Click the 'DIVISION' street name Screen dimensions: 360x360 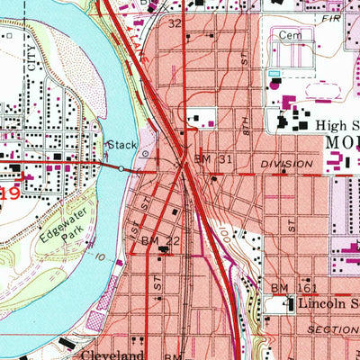pos(286,165)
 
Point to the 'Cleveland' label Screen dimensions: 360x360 pos(113,354)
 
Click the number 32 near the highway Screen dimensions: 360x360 pos(175,22)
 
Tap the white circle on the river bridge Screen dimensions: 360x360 pos(121,167)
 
